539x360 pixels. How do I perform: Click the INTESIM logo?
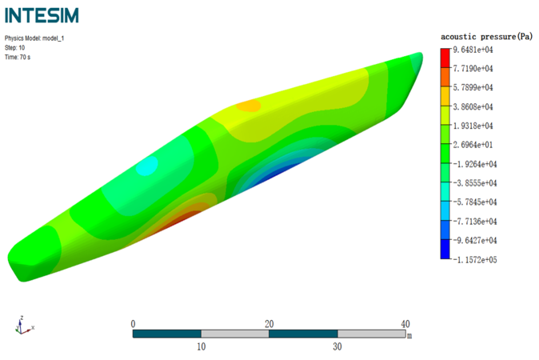[42, 15]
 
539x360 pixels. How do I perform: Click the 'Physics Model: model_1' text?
[34, 38]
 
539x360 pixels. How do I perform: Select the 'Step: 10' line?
[14, 48]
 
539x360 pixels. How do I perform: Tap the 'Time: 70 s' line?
[18, 57]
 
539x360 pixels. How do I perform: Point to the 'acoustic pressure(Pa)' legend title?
[486, 37]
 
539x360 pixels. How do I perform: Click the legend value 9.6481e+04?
[473, 50]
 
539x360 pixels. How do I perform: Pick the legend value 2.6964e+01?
[473, 145]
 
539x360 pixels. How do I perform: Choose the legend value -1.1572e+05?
[475, 259]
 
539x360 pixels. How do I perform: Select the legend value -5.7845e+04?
[475, 202]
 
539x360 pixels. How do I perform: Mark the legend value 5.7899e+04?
[473, 88]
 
